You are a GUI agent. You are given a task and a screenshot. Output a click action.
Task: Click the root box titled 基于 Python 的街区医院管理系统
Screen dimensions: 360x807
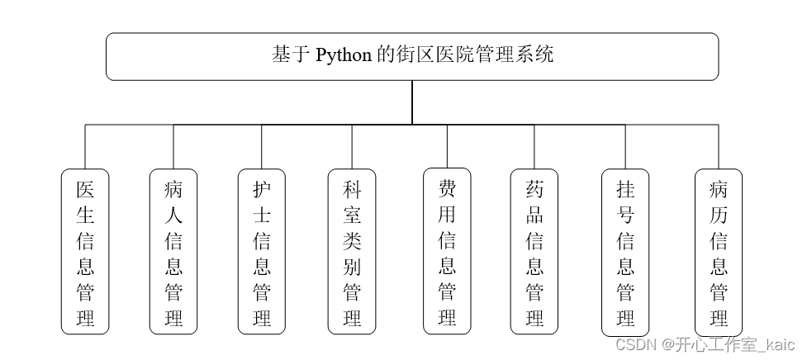point(412,56)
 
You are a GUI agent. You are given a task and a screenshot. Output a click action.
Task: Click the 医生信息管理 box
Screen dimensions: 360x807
point(85,251)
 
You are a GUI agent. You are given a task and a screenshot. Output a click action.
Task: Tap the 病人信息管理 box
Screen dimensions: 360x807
point(173,251)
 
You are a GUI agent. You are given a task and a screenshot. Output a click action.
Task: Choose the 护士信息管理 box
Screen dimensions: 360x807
point(262,251)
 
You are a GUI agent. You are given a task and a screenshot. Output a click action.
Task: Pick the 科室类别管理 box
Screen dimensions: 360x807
point(352,251)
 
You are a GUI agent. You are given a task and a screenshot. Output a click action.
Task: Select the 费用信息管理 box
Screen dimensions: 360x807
point(447,251)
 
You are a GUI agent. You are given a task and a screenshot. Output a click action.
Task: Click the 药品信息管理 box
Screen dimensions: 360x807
point(534,251)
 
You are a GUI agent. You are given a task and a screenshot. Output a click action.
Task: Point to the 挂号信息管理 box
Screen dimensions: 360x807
point(625,251)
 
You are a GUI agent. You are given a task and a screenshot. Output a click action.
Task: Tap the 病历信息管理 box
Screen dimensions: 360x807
point(719,251)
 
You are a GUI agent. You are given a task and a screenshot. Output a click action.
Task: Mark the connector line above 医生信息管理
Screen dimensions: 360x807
point(85,147)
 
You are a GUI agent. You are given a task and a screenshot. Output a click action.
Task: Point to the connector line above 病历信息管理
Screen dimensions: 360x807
point(719,147)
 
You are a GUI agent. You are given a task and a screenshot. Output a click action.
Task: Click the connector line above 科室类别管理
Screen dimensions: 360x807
point(352,147)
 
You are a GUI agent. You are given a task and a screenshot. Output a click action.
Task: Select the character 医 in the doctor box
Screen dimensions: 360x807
point(85,189)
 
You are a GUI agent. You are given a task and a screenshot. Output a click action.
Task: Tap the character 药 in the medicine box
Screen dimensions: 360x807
point(534,189)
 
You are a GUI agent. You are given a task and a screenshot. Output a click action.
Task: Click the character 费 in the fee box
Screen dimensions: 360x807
point(447,189)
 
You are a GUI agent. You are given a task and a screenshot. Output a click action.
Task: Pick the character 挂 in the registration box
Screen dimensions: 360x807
point(625,189)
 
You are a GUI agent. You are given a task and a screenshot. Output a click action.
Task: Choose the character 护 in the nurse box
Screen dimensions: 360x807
point(262,189)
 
